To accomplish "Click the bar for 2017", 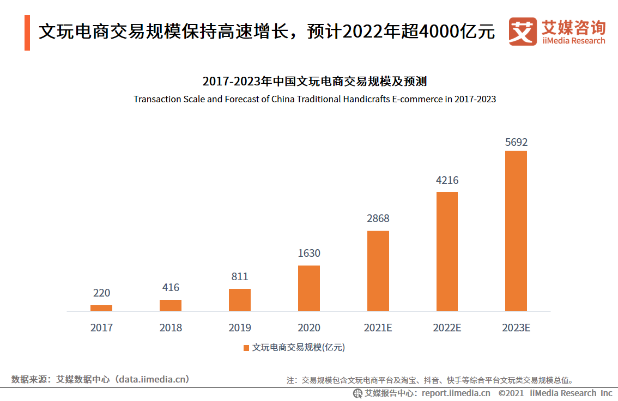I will click(x=101, y=308).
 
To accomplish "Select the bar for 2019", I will click(x=240, y=300).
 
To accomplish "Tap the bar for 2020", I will click(x=309, y=288).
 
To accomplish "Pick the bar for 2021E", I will click(x=378, y=271).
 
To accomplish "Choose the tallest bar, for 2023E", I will click(x=516, y=231).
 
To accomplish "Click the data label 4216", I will click(x=447, y=181).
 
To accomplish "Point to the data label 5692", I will click(x=516, y=143).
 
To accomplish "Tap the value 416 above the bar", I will click(x=171, y=287).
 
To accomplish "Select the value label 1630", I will click(x=309, y=253).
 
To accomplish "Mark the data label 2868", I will click(x=378, y=218).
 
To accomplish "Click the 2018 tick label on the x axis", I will click(x=171, y=328).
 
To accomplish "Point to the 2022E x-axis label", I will click(x=447, y=328).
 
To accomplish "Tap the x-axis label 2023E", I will click(x=516, y=328).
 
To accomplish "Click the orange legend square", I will click(x=246, y=348).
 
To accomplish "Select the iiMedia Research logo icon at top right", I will click(x=522, y=32).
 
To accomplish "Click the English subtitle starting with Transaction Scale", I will click(x=314, y=100).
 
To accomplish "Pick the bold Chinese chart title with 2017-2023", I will click(x=314, y=82).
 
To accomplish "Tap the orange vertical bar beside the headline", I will click(x=27, y=33).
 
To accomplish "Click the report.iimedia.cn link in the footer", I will click(x=456, y=393).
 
